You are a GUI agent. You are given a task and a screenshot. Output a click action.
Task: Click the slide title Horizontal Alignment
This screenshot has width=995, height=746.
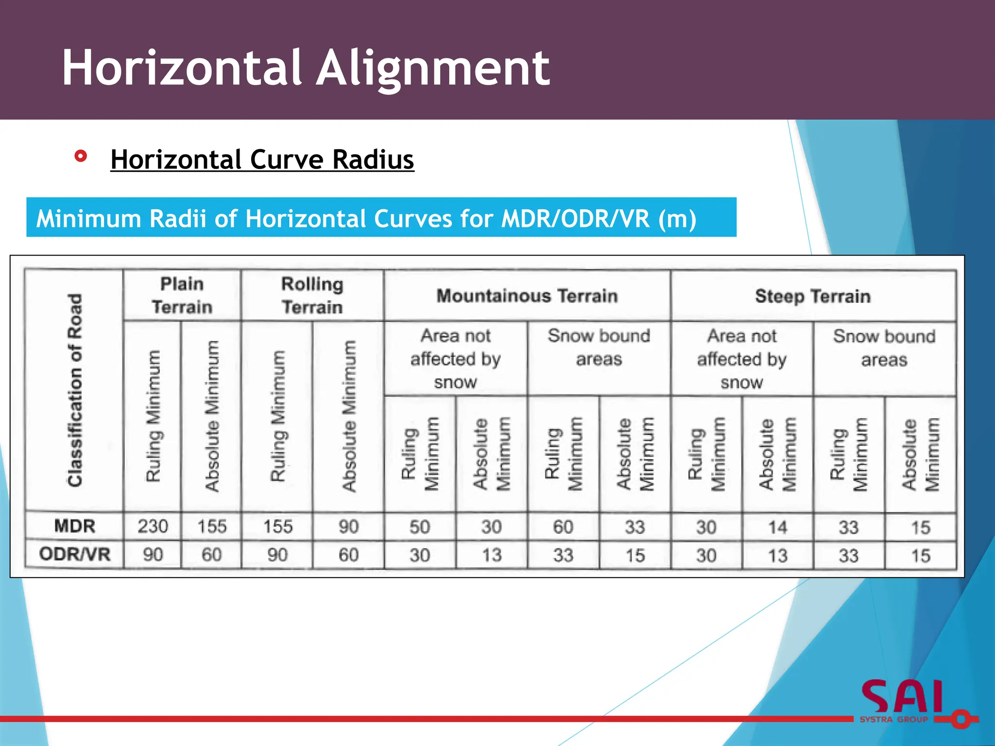click(306, 68)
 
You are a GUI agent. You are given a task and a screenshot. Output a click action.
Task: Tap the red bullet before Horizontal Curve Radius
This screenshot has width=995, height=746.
click(81, 156)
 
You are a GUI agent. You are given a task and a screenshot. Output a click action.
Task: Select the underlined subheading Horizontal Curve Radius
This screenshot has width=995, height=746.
click(262, 159)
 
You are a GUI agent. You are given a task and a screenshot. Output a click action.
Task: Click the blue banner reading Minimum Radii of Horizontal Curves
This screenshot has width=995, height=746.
click(381, 218)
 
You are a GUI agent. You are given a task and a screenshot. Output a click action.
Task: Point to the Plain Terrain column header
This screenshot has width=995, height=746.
click(182, 295)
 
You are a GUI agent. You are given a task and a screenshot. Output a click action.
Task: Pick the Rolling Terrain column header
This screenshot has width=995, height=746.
click(312, 295)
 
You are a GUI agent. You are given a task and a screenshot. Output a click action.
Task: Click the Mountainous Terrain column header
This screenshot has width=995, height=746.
click(527, 296)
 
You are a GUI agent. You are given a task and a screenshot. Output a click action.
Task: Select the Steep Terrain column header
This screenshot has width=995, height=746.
click(813, 296)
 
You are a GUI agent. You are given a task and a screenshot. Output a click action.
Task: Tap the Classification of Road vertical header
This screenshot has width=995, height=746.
click(75, 390)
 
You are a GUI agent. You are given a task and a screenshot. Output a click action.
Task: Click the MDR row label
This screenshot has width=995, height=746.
click(74, 526)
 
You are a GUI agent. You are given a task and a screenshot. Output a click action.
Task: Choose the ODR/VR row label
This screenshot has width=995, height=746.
click(75, 554)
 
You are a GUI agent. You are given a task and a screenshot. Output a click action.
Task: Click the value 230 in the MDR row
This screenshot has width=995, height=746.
click(153, 526)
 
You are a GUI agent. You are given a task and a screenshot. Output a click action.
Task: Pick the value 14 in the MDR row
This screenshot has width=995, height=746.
click(777, 527)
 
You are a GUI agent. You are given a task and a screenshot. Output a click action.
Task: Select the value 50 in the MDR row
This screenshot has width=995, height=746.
click(420, 527)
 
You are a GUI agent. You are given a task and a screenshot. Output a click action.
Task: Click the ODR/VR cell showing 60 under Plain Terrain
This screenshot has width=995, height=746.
click(212, 555)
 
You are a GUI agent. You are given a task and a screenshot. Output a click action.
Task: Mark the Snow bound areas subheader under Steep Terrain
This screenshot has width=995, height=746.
click(884, 348)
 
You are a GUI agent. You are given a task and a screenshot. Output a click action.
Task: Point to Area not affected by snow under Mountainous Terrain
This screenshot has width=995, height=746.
click(456, 358)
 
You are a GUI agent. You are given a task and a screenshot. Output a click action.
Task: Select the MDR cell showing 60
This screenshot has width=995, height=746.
click(563, 527)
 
